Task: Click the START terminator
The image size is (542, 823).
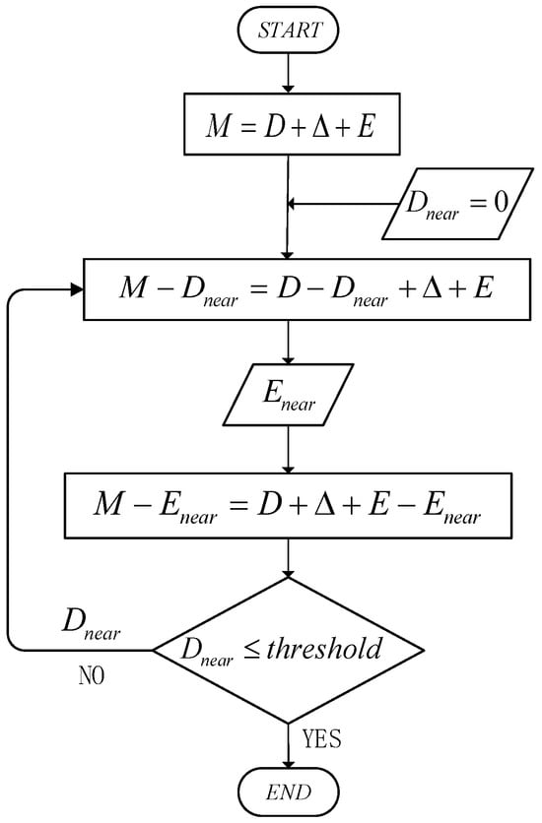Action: [287, 31]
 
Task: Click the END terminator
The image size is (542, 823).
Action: [287, 791]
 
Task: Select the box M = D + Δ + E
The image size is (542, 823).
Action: [287, 125]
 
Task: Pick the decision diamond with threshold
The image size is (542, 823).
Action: [288, 649]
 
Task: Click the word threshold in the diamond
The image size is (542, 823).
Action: [335, 649]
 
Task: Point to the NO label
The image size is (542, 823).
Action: [90, 677]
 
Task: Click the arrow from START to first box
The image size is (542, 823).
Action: [287, 73]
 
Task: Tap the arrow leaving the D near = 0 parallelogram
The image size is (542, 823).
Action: [345, 205]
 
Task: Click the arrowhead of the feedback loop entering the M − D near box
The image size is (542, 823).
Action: [76, 288]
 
